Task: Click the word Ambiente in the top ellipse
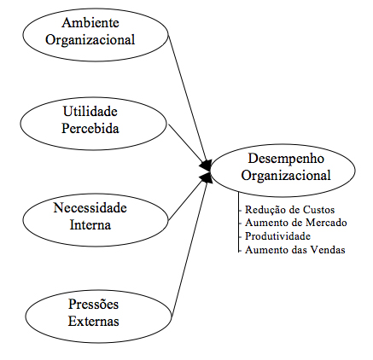coord(90,23)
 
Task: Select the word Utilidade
coord(90,111)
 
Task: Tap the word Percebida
coord(90,128)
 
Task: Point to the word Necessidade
coord(90,208)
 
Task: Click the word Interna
coord(90,225)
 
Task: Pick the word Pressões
coord(93,305)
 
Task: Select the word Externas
coord(93,322)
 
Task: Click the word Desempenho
coord(286,159)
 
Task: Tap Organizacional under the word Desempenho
coord(286,175)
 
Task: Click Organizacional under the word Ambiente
coord(90,40)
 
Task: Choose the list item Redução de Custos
coord(289,210)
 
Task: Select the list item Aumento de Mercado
coord(296,223)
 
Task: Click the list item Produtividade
coord(277,236)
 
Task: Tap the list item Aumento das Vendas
coord(295,250)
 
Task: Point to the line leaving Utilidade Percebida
coord(188,144)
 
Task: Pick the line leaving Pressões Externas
coord(190,246)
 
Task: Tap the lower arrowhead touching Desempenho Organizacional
coord(206,177)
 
